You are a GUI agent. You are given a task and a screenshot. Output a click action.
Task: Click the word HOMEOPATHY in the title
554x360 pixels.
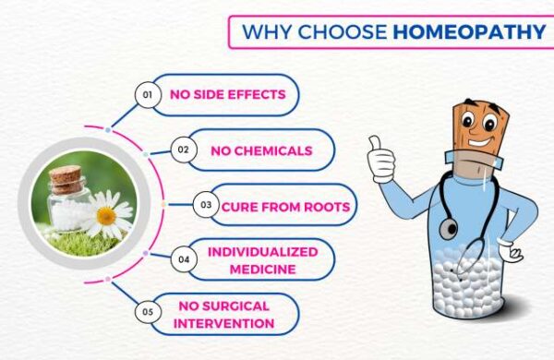468,31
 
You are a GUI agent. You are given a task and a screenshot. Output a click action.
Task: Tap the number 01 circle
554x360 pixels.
145,94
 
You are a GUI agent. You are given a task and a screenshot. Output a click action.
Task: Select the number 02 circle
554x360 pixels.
185,150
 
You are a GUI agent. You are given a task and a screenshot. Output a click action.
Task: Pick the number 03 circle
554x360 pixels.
207,206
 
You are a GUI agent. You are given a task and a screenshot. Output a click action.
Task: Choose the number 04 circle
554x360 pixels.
184,259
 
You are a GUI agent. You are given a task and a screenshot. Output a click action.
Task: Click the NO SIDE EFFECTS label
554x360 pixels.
226,94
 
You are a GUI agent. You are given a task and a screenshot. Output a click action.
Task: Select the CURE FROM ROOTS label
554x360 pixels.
285,206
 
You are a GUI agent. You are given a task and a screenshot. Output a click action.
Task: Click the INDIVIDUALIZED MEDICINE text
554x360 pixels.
262,259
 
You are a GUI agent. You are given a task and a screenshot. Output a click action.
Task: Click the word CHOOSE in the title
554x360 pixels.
342,31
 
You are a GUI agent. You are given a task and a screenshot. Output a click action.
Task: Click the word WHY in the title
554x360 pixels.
265,31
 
